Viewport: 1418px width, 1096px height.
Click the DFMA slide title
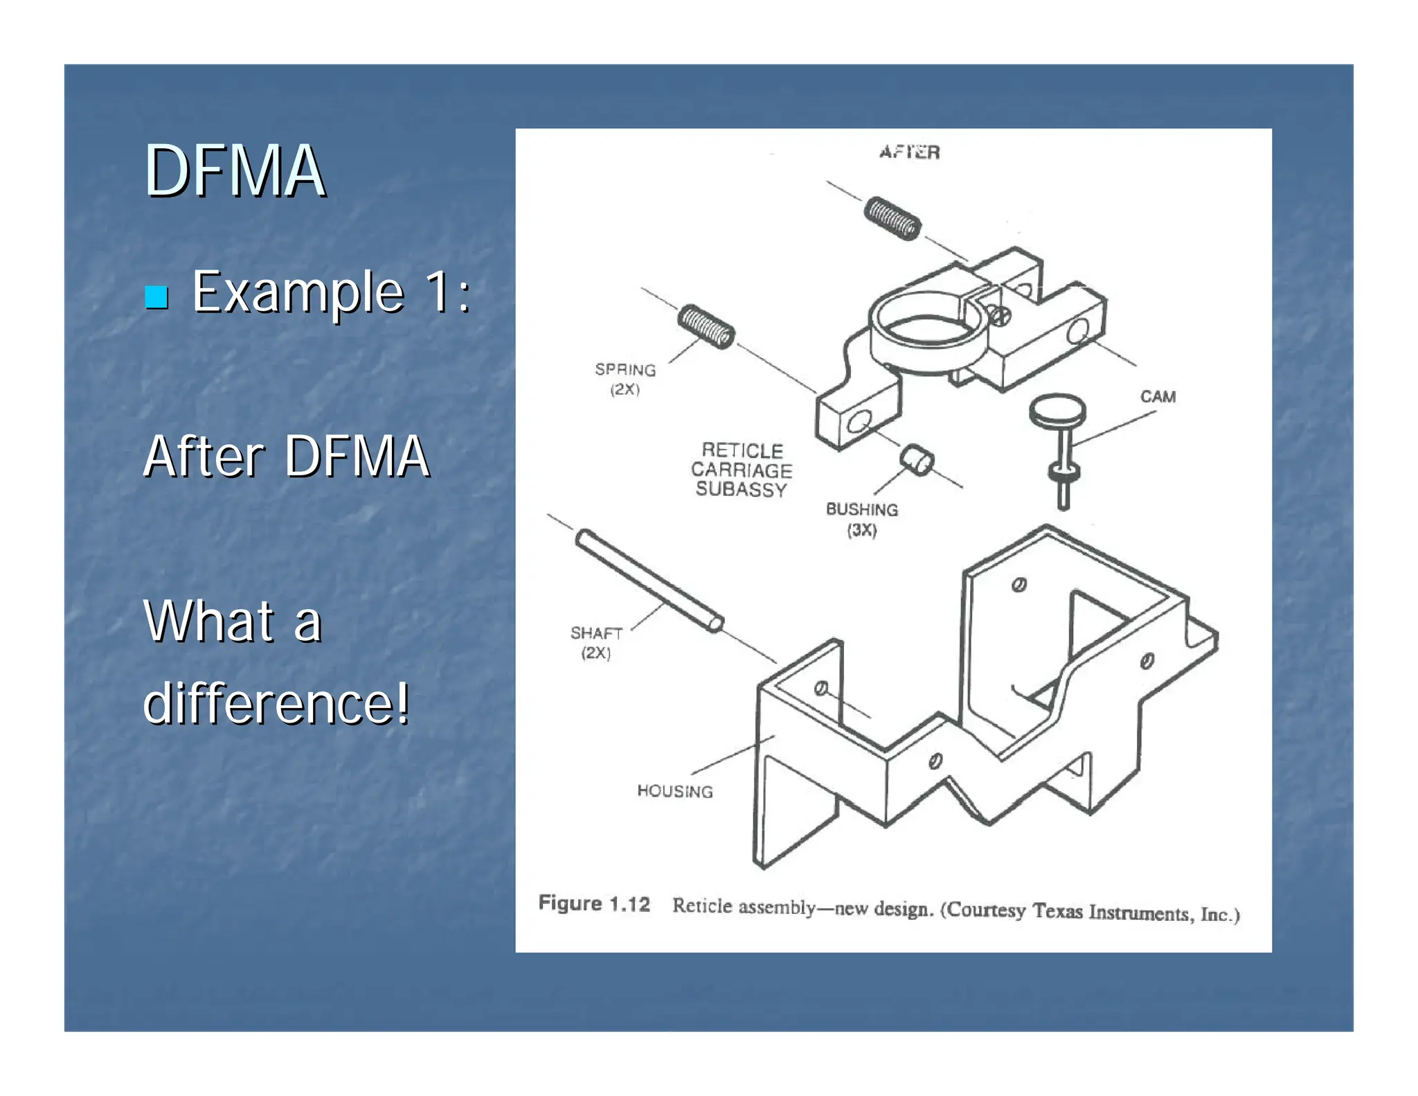[x=234, y=171]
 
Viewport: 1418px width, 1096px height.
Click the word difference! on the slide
[x=276, y=703]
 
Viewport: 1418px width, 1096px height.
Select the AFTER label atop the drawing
[x=909, y=152]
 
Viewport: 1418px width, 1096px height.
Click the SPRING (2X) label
[x=625, y=379]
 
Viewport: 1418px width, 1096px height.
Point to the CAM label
[x=1158, y=396]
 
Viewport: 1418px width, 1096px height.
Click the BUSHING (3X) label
[x=861, y=519]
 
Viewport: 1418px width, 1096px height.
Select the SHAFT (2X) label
[x=595, y=642]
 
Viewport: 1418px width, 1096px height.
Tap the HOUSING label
[x=674, y=790]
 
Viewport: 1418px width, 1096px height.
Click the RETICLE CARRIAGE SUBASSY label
[x=742, y=470]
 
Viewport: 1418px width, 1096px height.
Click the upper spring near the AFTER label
[x=892, y=218]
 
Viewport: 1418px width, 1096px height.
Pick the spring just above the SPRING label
[x=706, y=326]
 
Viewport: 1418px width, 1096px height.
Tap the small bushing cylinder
[x=917, y=460]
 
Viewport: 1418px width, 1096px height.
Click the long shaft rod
[x=649, y=580]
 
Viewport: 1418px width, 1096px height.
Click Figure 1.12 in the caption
[x=594, y=903]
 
